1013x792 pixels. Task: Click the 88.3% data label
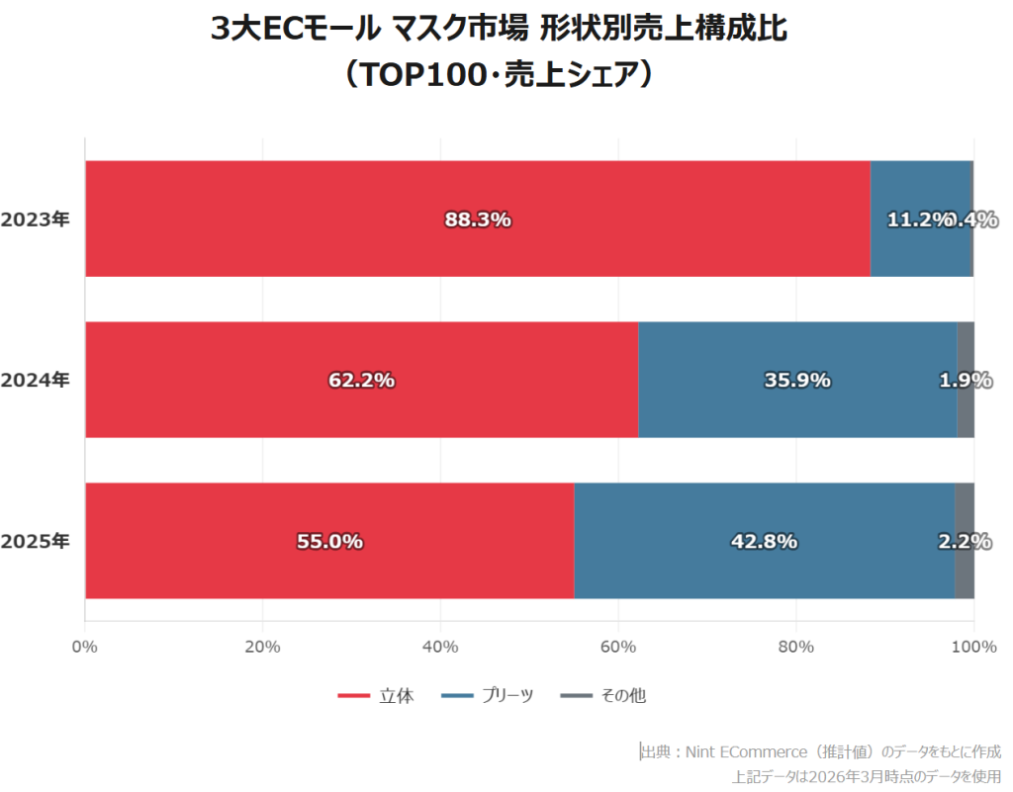click(x=478, y=220)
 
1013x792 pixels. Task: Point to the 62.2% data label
click(x=362, y=380)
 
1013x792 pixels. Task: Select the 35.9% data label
click(x=797, y=380)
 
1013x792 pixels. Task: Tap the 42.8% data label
click(x=764, y=541)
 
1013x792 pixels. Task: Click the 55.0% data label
click(x=329, y=541)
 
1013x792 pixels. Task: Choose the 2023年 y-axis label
click(x=36, y=220)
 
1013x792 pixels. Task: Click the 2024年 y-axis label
click(x=36, y=380)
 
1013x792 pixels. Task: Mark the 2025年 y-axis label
click(x=36, y=541)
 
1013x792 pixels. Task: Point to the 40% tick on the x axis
click(x=440, y=647)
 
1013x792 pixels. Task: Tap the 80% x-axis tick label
click(x=795, y=647)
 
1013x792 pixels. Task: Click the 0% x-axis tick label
click(x=85, y=647)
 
